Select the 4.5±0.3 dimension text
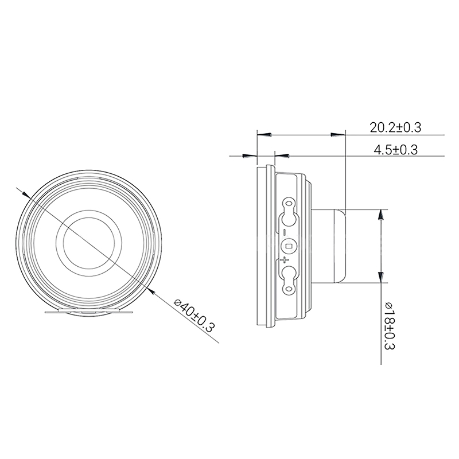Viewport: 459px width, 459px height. click(x=395, y=150)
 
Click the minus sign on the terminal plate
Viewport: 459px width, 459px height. click(x=285, y=232)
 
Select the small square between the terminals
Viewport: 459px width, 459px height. click(x=288, y=247)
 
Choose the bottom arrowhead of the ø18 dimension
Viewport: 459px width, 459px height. click(x=380, y=277)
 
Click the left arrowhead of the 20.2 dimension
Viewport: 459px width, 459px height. click(x=263, y=135)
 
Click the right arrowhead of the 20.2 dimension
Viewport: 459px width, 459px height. click(x=339, y=135)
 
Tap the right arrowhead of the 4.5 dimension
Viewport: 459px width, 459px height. click(x=283, y=155)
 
